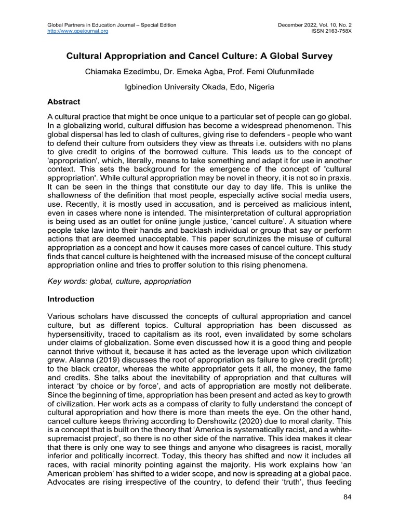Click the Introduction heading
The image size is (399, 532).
coord(71,299)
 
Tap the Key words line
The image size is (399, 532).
coord(119,281)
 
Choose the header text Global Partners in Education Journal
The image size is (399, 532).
coord(112,24)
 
